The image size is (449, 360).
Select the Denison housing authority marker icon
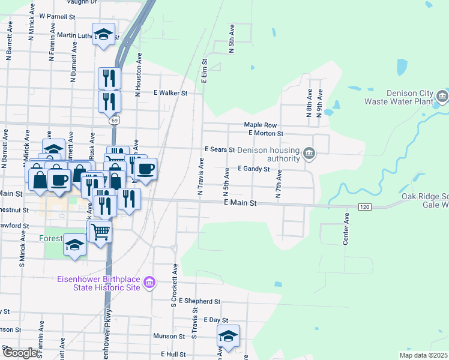[309, 154]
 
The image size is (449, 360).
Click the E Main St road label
[240, 203]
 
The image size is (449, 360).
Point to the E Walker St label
[170, 93]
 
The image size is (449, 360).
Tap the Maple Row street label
[260, 125]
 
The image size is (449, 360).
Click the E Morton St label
[265, 133]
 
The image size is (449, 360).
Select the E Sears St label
[219, 148]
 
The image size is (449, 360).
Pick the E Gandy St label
[253, 169]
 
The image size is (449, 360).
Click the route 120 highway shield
[364, 207]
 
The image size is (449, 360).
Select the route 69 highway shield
[113, 121]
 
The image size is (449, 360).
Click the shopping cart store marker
[101, 230]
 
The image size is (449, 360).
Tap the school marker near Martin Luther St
[103, 34]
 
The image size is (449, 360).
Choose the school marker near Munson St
[228, 337]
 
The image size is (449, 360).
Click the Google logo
[19, 353]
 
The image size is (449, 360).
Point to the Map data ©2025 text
[423, 355]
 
